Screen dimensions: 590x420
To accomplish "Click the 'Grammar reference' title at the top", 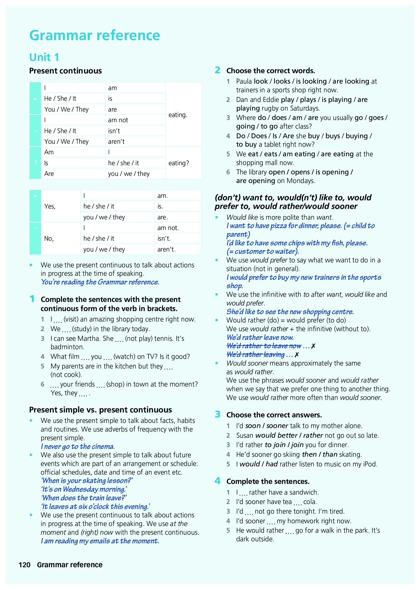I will [x=95, y=35].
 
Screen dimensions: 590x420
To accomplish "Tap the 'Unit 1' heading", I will [x=44, y=57].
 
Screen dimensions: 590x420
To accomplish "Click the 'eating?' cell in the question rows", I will [x=179, y=163].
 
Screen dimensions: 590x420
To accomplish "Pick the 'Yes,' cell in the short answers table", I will [x=50, y=206].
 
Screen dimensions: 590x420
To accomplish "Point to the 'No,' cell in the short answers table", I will [x=49, y=239].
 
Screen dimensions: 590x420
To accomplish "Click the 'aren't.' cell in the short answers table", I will [x=166, y=250].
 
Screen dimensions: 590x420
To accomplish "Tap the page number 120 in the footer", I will [x=25, y=565].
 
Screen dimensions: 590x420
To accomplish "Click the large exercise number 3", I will [x=218, y=414].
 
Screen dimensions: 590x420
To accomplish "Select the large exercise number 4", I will [x=218, y=481].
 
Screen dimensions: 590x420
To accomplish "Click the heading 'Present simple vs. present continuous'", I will [x=100, y=410].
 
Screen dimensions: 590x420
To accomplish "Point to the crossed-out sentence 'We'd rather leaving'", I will [x=256, y=355].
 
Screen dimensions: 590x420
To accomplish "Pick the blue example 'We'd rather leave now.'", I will [x=260, y=338].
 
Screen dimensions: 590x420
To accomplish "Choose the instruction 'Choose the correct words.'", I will [x=271, y=71].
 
